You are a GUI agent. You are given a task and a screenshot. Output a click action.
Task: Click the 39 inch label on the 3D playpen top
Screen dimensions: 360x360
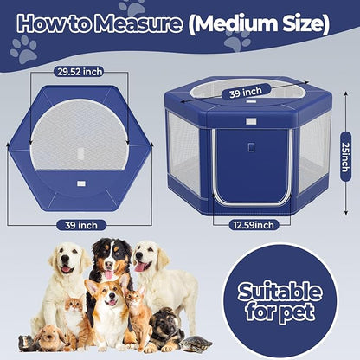[246, 92]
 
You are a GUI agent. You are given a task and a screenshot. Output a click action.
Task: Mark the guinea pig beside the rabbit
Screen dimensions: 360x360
[29, 342]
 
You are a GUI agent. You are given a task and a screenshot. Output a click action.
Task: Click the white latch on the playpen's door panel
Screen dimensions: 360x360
[251, 148]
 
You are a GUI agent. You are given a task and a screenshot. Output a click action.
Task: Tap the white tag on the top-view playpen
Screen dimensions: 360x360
[80, 183]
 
